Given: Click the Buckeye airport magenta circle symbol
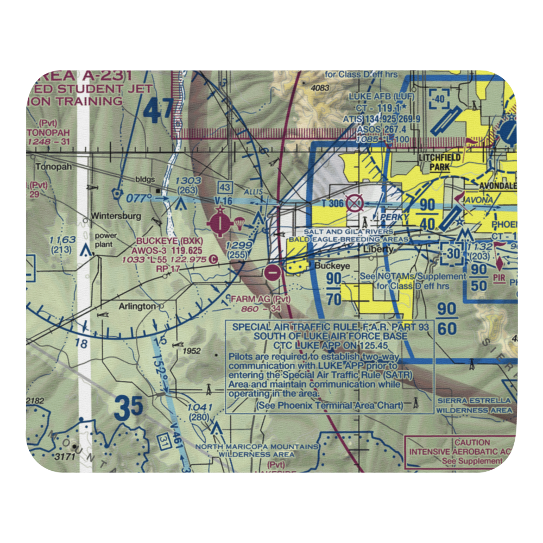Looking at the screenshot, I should click(220, 222).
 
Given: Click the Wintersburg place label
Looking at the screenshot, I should click(116, 216).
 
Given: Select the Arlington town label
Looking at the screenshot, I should click(137, 306).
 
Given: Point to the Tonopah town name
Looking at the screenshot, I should click(54, 167).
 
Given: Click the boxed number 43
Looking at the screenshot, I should click(225, 187).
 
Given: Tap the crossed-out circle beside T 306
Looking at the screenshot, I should click(354, 204).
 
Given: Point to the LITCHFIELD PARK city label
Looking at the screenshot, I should click(440, 162).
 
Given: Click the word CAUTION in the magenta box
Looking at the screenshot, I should click(472, 443).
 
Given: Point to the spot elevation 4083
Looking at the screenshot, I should click(321, 88).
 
